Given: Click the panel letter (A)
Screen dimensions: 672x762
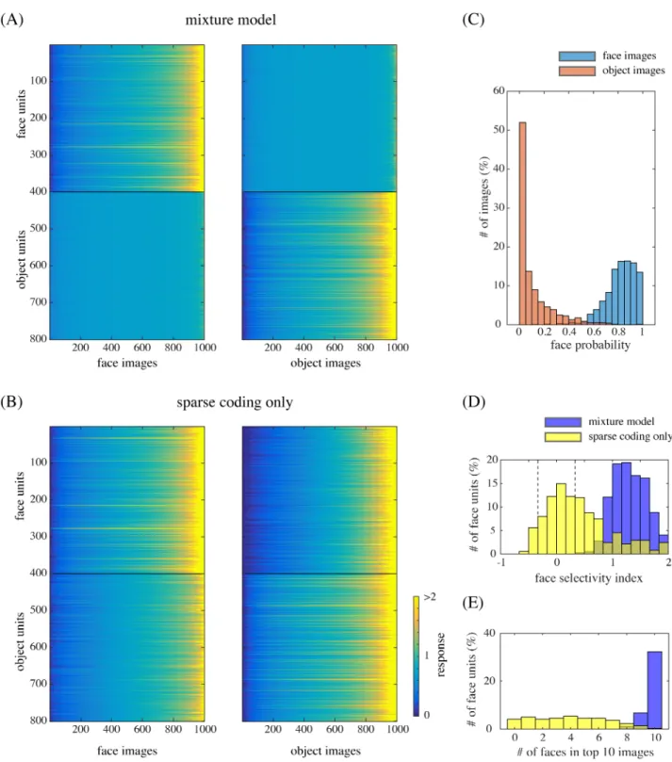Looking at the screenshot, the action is pyautogui.click(x=11, y=20).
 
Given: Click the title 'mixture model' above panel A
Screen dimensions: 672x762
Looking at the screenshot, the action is pyautogui.click(x=231, y=20).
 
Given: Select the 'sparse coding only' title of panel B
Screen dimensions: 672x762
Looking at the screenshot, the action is pyautogui.click(x=235, y=402).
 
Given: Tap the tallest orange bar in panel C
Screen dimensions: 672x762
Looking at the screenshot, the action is pyautogui.click(x=522, y=223).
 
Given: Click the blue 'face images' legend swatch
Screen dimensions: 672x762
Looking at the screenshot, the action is pyautogui.click(x=577, y=56).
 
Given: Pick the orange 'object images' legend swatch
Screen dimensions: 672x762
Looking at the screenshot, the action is pyautogui.click(x=577, y=71).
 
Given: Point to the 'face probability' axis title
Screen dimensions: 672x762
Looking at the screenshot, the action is pyautogui.click(x=590, y=345).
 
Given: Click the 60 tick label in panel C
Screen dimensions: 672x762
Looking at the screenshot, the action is pyautogui.click(x=499, y=90).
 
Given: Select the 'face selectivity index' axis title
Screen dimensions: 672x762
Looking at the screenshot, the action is pyautogui.click(x=588, y=577).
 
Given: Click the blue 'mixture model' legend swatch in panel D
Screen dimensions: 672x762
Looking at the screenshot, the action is pyautogui.click(x=563, y=422).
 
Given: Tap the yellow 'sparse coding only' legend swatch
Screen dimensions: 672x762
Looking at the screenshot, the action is pyautogui.click(x=563, y=437).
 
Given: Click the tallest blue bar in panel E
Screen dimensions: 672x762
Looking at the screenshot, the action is pyautogui.click(x=654, y=690).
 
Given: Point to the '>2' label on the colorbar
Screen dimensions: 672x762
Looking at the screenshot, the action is pyautogui.click(x=430, y=597).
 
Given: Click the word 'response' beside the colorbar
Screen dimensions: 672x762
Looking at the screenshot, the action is pyautogui.click(x=440, y=655).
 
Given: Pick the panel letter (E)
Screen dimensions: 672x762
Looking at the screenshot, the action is pyautogui.click(x=472, y=603).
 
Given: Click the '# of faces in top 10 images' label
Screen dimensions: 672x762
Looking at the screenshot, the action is pyautogui.click(x=585, y=753).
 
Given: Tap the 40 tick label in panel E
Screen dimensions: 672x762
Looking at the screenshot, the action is pyautogui.click(x=489, y=633).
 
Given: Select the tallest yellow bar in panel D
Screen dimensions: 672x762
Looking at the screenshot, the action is pyautogui.click(x=561, y=519).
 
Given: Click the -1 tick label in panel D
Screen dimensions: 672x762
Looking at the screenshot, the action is pyautogui.click(x=500, y=562).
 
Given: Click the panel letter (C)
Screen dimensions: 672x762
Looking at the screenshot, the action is pyautogui.click(x=473, y=20).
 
